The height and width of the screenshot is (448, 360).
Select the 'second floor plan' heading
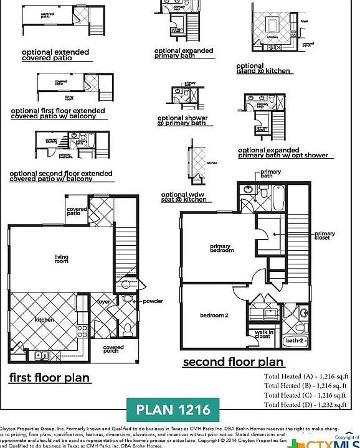[x=233, y=362]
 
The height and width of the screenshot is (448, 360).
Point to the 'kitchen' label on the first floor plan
[x=44, y=320]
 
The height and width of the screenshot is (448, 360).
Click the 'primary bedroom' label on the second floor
[x=221, y=248]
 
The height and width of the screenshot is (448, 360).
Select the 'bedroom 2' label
[x=214, y=316]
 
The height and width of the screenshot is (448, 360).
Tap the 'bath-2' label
[x=295, y=341]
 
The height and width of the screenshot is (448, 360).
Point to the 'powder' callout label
[x=153, y=301]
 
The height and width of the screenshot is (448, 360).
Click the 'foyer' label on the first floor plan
[x=103, y=302]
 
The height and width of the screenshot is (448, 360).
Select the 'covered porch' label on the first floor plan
[x=113, y=350]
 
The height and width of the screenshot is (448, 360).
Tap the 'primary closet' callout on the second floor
[x=324, y=236]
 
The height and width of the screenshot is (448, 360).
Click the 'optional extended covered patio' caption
[x=56, y=55]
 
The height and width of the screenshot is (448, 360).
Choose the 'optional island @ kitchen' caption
[x=263, y=68]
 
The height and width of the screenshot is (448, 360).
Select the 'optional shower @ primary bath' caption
[x=182, y=121]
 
